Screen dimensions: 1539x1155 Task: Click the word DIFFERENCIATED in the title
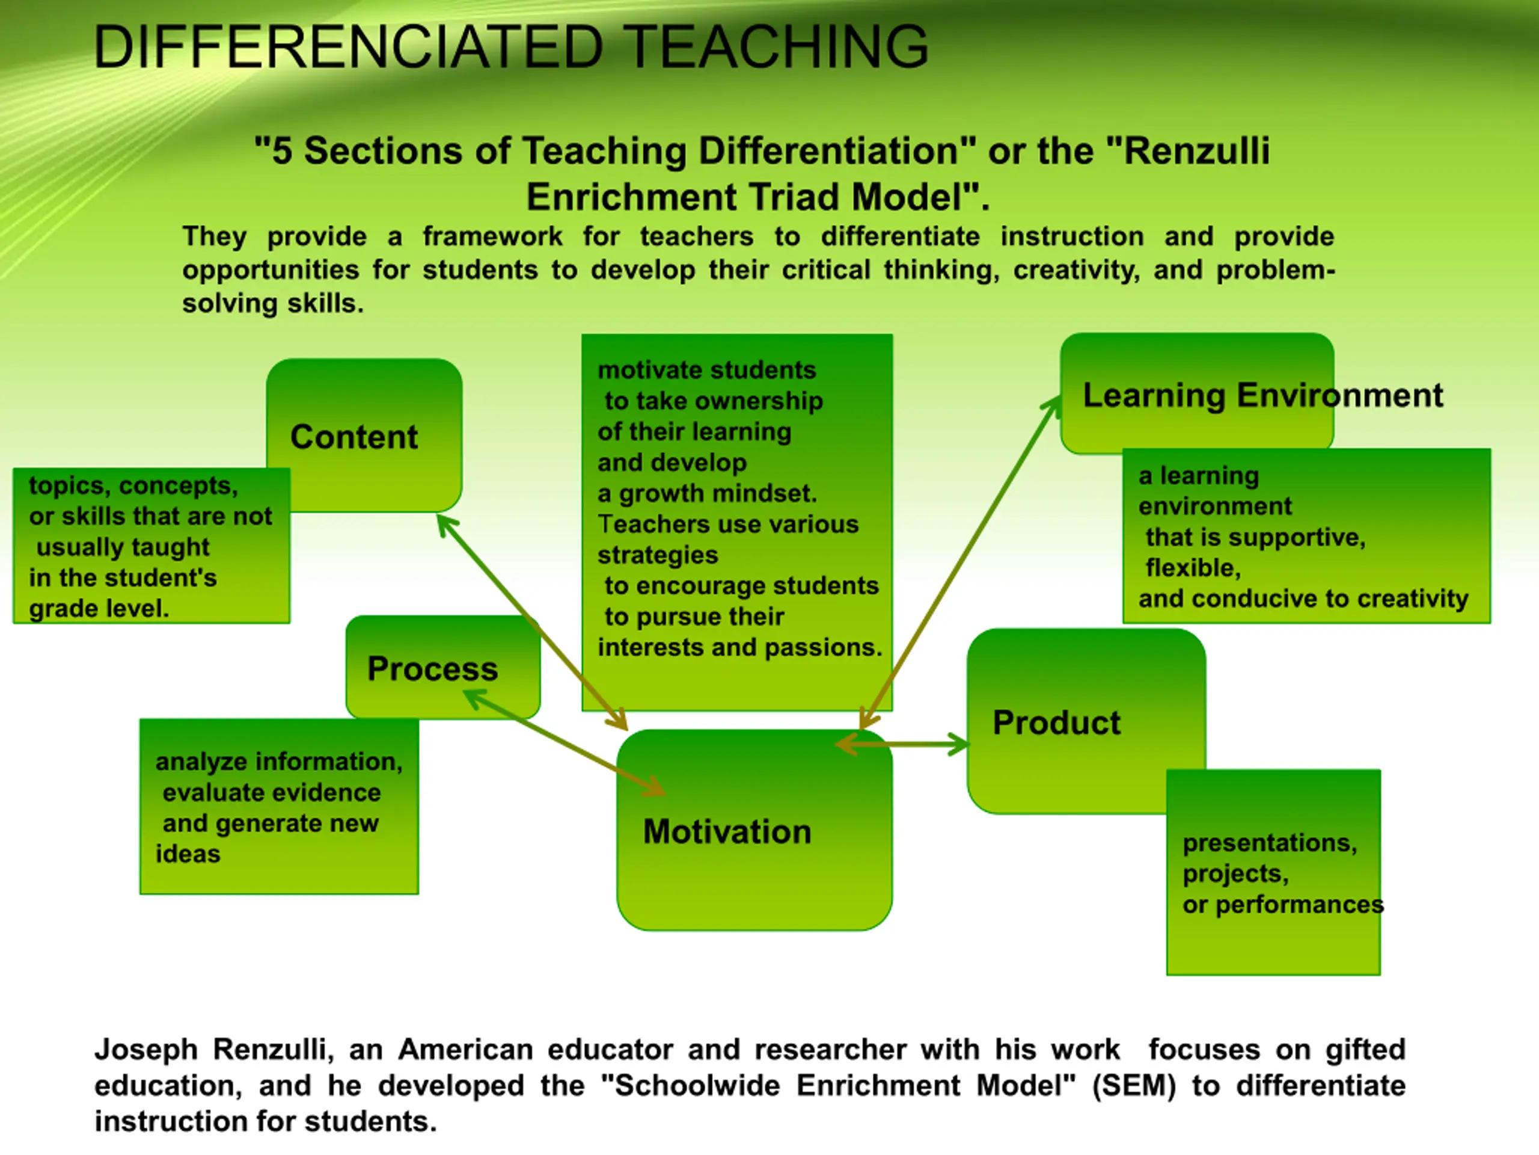tap(348, 47)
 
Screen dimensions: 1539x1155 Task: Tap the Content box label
tap(354, 437)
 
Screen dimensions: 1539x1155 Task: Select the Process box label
tap(433, 669)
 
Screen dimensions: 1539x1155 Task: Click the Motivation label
tap(727, 832)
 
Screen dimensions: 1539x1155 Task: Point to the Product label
tap(1056, 722)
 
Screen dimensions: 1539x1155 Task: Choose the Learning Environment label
tap(1263, 395)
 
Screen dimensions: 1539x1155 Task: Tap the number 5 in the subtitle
tap(282, 151)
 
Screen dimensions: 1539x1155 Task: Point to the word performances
tap(1300, 905)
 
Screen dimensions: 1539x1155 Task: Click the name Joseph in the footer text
tap(146, 1050)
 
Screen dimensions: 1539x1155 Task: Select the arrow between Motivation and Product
tap(902, 744)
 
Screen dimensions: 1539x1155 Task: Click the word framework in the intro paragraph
tap(492, 236)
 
